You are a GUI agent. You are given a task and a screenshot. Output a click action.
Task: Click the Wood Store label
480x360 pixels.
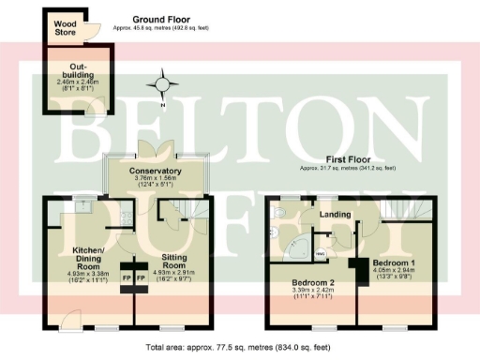point(65,25)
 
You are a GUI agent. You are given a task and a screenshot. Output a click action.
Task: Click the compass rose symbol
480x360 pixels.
point(165,84)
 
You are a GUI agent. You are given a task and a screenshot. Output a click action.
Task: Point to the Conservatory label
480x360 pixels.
point(156,171)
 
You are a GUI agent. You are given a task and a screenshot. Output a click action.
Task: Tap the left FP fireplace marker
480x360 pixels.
point(127,278)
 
